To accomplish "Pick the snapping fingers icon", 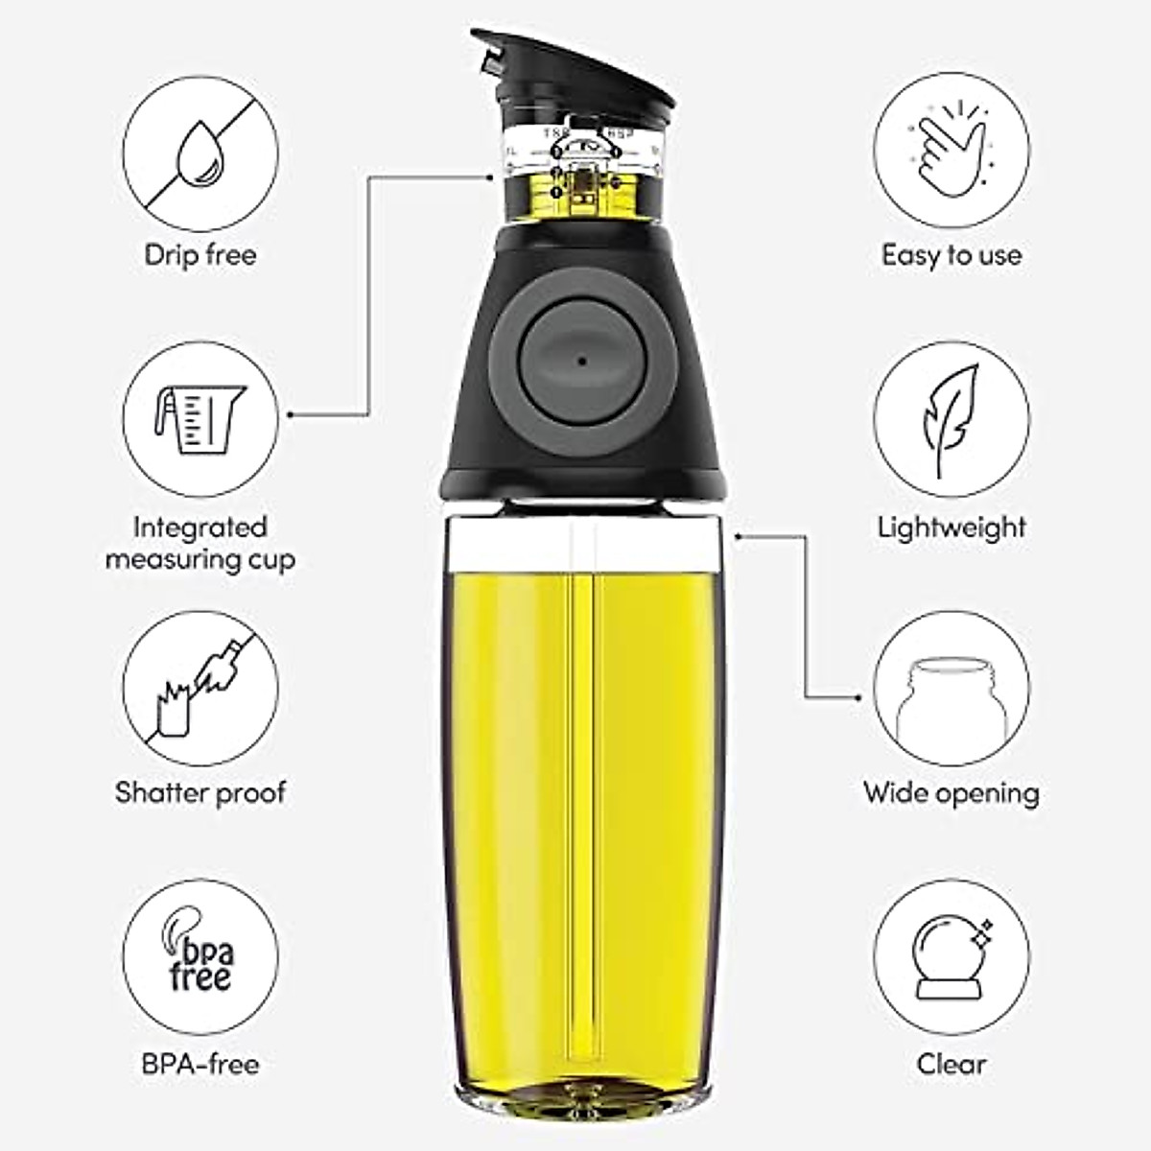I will (x=951, y=151).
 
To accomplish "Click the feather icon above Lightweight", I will (x=951, y=420).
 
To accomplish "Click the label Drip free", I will (x=200, y=255).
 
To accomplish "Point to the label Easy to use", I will (x=951, y=255).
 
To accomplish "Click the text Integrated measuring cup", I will (x=200, y=543).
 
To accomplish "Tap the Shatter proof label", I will (x=200, y=792).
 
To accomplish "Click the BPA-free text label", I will (x=200, y=1063).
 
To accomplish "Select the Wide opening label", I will (x=951, y=792).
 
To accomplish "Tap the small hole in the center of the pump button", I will (x=581, y=362).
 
